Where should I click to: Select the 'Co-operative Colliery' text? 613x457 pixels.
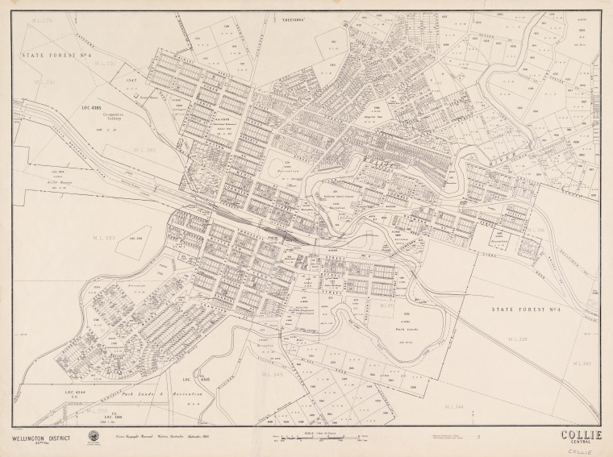coord(116,118)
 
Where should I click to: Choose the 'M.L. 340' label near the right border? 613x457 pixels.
coord(582,363)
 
